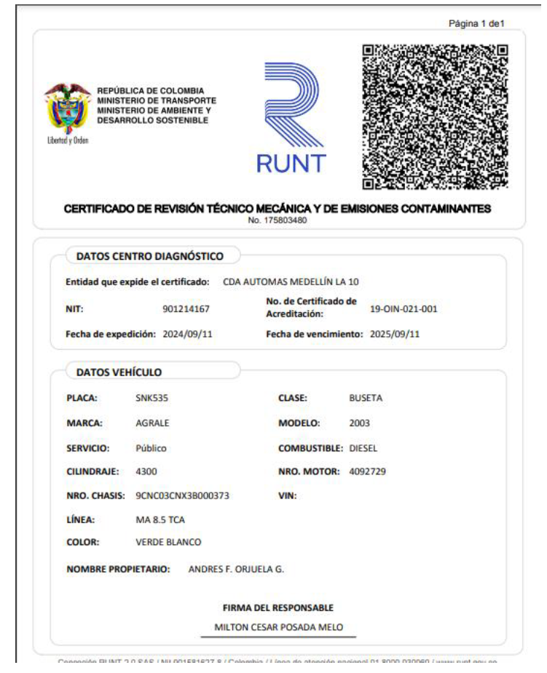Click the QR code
click(x=435, y=116)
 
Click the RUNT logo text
click(x=291, y=163)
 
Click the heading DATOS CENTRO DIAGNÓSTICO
click(x=150, y=255)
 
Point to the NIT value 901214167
click(x=186, y=308)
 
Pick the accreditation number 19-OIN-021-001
click(x=404, y=308)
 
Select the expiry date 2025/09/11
click(x=396, y=334)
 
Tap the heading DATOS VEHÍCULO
click(x=119, y=372)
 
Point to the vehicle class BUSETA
click(x=366, y=398)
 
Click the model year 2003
click(x=360, y=423)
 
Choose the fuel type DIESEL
click(x=363, y=447)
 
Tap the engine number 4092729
click(x=368, y=471)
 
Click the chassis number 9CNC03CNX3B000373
click(x=183, y=495)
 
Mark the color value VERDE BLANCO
click(x=168, y=542)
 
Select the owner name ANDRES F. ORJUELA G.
click(x=236, y=569)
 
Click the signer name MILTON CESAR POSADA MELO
click(x=278, y=626)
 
